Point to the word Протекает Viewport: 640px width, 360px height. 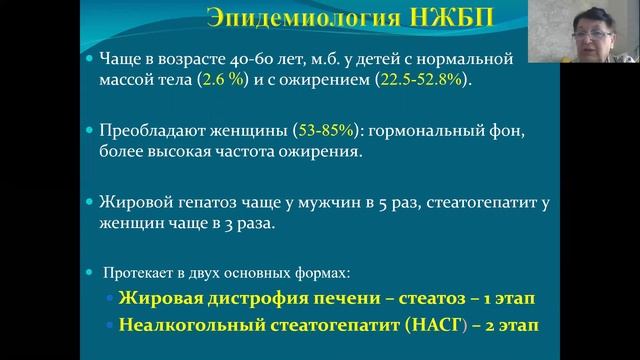145,271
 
